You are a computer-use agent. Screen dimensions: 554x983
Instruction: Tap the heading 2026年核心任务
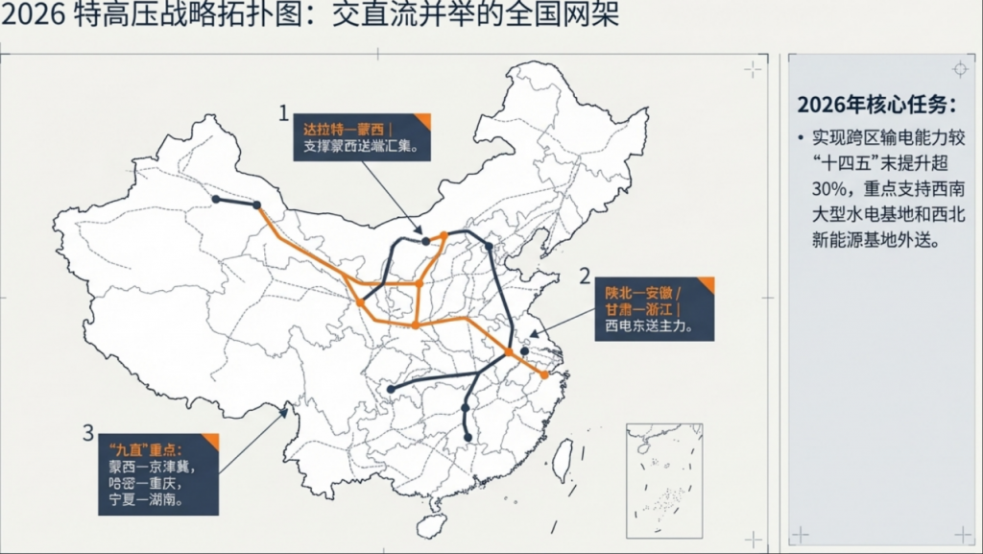876,105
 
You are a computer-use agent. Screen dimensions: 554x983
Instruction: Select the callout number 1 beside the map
283,113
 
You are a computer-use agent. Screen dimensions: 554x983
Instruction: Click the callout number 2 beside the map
585,277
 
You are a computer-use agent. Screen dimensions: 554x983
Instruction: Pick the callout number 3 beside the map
88,432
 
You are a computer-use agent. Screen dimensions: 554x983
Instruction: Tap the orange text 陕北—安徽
641,291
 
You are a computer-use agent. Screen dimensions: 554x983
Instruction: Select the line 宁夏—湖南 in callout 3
150,500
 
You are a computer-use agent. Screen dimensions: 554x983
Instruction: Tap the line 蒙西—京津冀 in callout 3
156,466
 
